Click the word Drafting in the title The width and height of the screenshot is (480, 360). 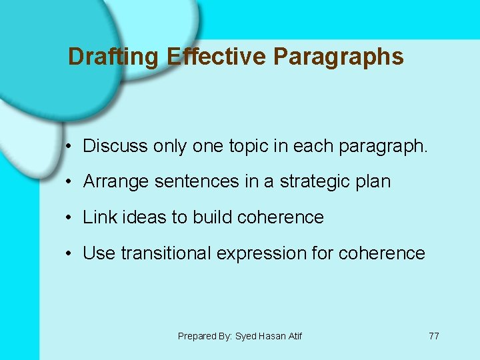click(113, 57)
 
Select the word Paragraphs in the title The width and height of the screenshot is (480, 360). click(339, 57)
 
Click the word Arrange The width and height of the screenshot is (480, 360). click(115, 182)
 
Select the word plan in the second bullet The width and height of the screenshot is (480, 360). click(374, 182)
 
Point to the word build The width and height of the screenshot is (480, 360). click(212, 217)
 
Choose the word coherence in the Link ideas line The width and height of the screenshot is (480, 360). click(280, 217)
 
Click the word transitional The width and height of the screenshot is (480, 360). click(175, 253)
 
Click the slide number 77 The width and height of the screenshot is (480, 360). click(433, 336)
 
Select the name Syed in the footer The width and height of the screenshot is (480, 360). click(245, 336)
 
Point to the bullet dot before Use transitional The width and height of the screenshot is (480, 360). click(69, 253)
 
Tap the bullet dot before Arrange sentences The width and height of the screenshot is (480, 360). click(69, 182)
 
